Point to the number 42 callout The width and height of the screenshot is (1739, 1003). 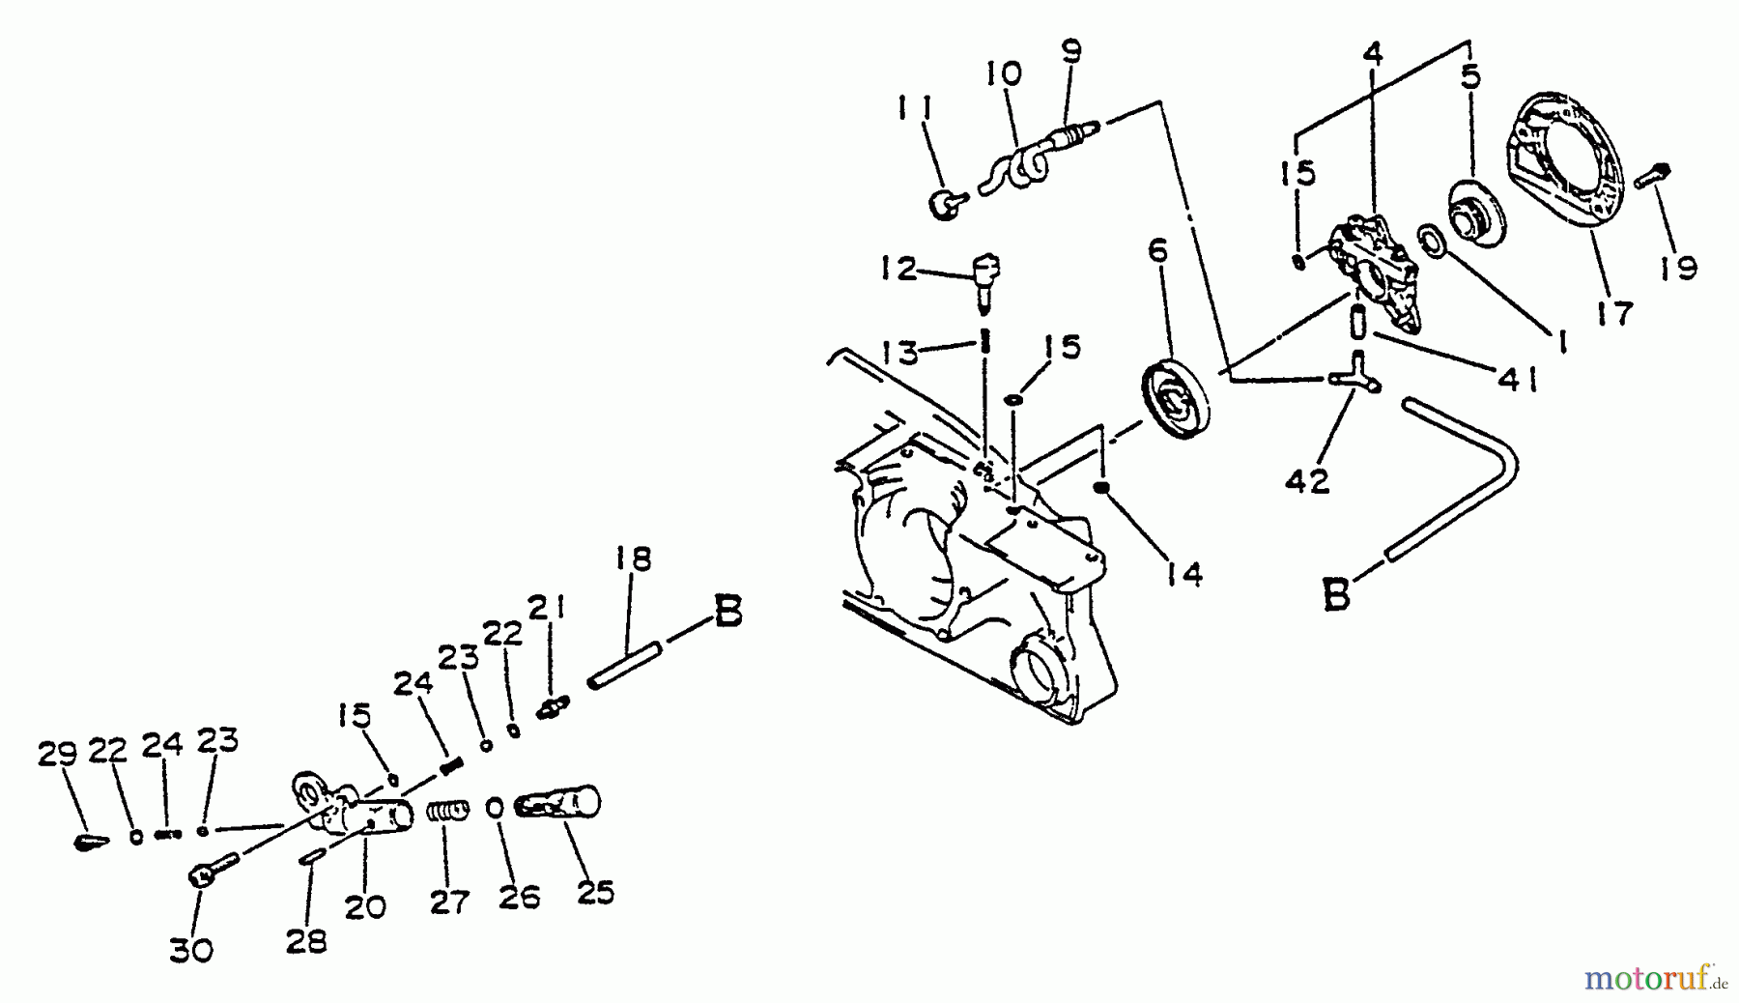pos(1308,481)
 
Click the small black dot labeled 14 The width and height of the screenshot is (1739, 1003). pos(1100,488)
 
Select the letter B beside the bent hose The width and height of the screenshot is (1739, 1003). pos(1335,595)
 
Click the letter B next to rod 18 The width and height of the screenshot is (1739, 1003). pos(727,612)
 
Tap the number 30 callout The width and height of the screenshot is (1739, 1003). pos(191,951)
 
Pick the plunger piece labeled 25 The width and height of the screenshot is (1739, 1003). pos(560,804)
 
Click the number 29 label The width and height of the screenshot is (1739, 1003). pos(57,753)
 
